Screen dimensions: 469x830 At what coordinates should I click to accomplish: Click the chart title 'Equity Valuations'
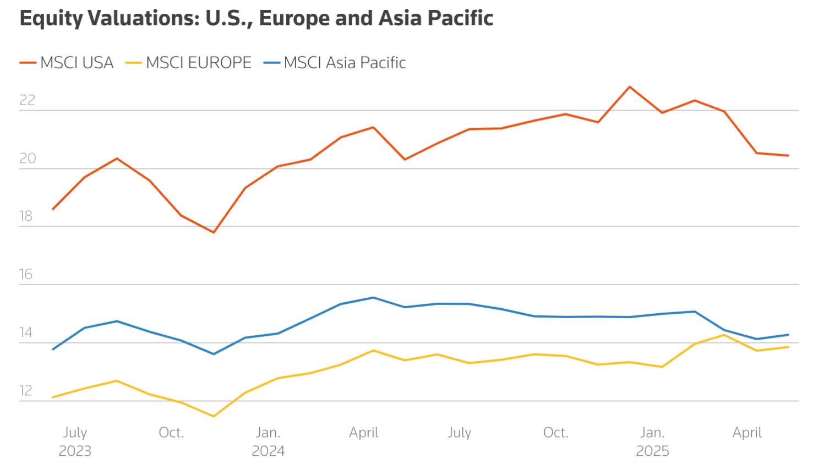coord(256,18)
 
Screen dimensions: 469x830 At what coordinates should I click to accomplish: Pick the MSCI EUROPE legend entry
coord(198,63)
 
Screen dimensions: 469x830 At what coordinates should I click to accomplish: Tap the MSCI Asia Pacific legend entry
coord(345,63)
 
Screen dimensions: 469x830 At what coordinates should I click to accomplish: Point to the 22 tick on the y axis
coord(27,100)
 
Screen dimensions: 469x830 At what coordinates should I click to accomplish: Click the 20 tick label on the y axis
coord(27,158)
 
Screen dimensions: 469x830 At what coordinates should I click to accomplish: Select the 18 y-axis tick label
coord(26,216)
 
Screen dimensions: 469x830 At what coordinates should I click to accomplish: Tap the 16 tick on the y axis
coord(26,274)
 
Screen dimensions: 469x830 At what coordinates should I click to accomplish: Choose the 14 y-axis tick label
coord(26,332)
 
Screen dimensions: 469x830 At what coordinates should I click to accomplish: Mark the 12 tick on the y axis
coord(26,391)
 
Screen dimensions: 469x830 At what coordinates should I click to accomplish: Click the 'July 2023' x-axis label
coord(75,441)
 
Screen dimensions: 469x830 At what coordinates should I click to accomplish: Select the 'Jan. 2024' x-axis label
coord(268,441)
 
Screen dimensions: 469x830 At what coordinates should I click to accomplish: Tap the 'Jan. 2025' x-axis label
coord(652,441)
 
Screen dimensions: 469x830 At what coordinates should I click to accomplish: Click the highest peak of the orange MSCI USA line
coord(630,87)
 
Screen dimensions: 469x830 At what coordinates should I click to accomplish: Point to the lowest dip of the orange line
coord(214,232)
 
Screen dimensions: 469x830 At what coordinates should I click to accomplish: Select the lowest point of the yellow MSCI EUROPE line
coord(214,416)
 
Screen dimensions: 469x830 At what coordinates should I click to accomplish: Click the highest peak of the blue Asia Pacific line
coord(374,298)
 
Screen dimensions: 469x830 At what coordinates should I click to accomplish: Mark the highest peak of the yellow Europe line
coord(724,335)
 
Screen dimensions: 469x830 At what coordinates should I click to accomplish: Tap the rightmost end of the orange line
coord(788,155)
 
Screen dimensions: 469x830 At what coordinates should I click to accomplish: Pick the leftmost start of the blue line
coord(52,350)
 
